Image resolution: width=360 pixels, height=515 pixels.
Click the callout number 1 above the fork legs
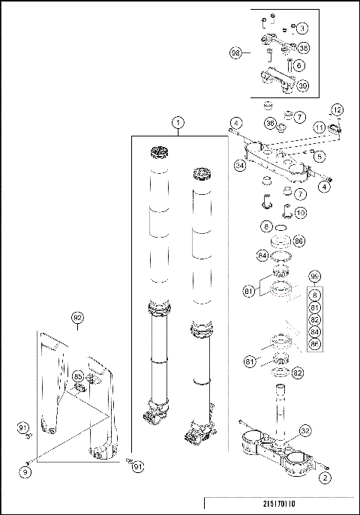(178, 122)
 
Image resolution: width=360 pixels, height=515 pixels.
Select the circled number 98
(235, 53)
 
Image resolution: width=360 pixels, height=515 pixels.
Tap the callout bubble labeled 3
(302, 28)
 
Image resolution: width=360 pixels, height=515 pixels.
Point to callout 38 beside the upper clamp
(304, 47)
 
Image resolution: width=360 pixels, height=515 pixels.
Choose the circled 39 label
(303, 85)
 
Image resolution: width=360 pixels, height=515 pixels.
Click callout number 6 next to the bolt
(299, 66)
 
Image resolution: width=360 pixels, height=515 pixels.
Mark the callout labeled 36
(270, 123)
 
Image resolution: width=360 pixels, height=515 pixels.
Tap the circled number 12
(337, 110)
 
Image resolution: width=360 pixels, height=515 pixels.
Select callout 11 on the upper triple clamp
(319, 128)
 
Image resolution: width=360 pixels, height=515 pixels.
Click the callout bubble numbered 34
(240, 165)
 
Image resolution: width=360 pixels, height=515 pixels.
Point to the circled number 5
(319, 157)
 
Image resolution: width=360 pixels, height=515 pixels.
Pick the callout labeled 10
(299, 213)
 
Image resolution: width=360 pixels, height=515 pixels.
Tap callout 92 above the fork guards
(76, 317)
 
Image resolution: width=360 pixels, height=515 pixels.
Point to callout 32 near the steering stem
(304, 431)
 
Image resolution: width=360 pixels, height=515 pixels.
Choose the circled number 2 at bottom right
(324, 475)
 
